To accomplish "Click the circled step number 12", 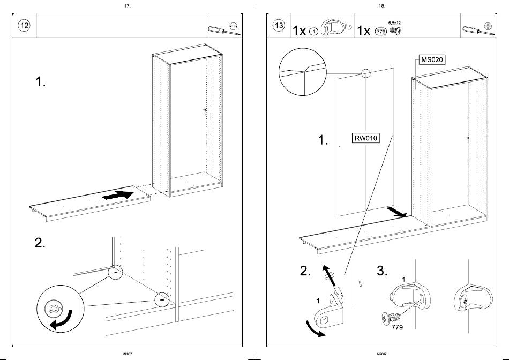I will (x=25, y=26).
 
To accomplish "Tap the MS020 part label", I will (x=431, y=59).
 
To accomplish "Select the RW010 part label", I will (x=365, y=138).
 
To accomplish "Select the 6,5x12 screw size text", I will (x=394, y=23).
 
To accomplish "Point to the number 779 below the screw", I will (x=397, y=326).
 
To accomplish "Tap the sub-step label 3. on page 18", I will (x=382, y=271).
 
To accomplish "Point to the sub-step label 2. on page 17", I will (x=40, y=243).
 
